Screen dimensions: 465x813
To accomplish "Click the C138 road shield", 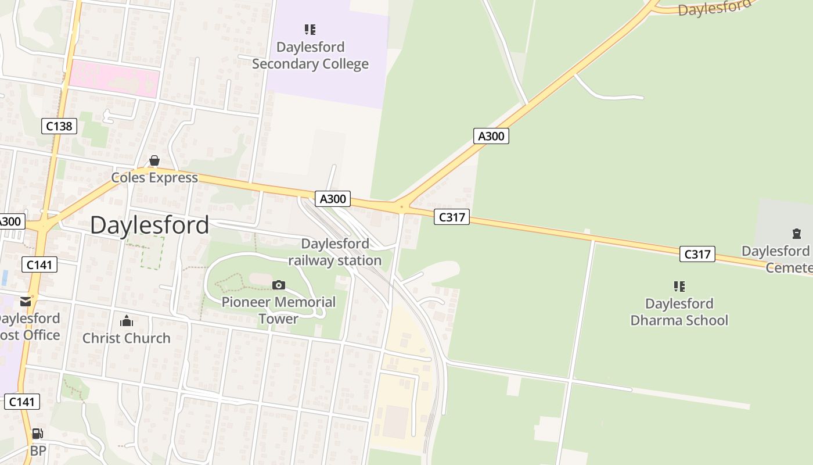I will tap(59, 126).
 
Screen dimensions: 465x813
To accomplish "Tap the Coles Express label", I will tap(154, 178).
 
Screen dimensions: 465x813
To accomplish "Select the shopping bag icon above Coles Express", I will tap(154, 161).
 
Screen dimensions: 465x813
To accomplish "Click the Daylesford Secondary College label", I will tap(310, 55).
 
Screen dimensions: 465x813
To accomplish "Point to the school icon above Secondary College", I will tap(310, 29).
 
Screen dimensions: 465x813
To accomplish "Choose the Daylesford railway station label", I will tap(335, 252).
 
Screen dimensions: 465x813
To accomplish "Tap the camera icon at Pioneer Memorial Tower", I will tap(279, 285).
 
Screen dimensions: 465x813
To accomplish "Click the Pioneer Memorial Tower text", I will tap(279, 310).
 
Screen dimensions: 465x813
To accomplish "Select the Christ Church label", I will tap(127, 338).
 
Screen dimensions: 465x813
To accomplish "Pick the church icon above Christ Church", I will tap(127, 321).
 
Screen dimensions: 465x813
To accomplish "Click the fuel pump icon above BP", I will tap(38, 434).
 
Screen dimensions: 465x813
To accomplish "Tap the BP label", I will tap(38, 450).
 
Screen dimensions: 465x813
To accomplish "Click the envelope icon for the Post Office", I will tap(26, 301).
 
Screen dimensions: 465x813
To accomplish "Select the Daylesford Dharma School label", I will tap(679, 312).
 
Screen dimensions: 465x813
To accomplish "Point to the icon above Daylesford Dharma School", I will tap(679, 286).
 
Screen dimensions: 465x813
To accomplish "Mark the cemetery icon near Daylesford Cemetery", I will tap(797, 234).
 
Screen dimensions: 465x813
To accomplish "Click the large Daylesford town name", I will tap(150, 225).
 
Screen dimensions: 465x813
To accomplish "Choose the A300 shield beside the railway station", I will tap(333, 199).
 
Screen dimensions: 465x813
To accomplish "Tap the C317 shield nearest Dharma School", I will tap(697, 254).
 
